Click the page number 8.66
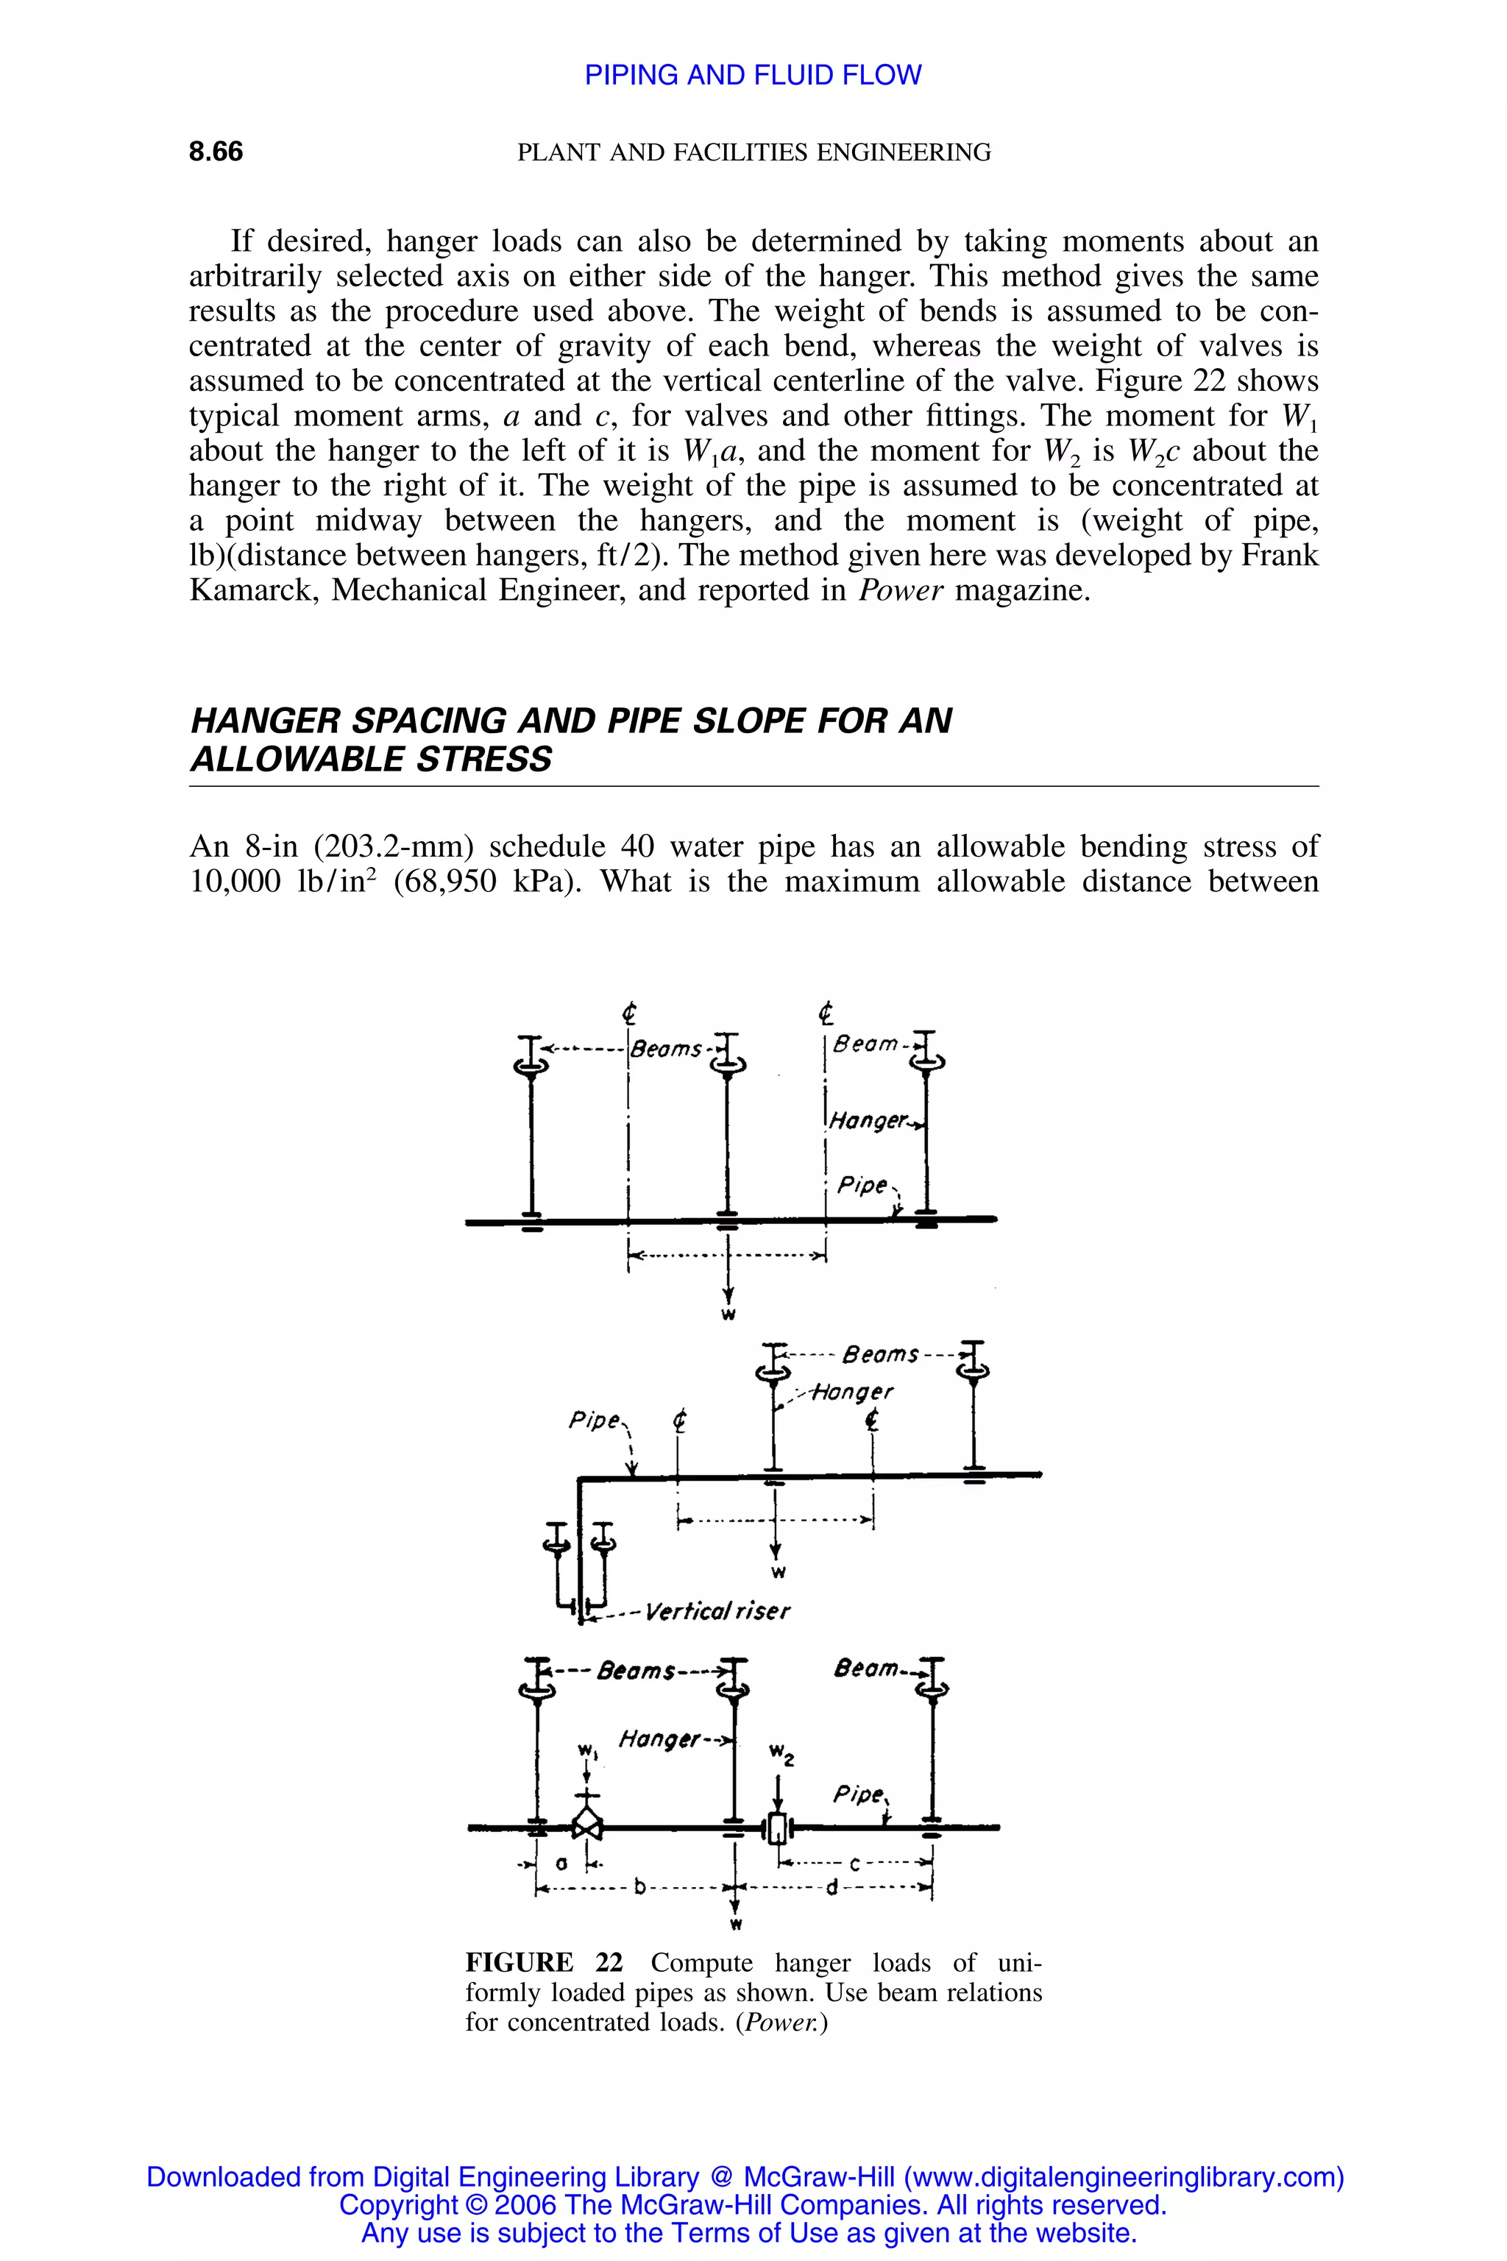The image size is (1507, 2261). pyautogui.click(x=216, y=152)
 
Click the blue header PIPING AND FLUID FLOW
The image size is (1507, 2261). pyautogui.click(x=753, y=75)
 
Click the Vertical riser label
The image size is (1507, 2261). pyautogui.click(x=717, y=1611)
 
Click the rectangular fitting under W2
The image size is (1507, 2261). pyautogui.click(x=776, y=1827)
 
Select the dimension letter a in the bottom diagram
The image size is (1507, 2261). pyautogui.click(x=561, y=1862)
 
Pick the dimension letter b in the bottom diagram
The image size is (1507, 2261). pyautogui.click(x=638, y=1888)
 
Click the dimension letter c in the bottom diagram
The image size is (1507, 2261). pyautogui.click(x=854, y=1864)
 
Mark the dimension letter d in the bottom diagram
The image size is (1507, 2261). pyautogui.click(x=832, y=1888)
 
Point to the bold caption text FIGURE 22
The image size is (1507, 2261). pyautogui.click(x=543, y=1962)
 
